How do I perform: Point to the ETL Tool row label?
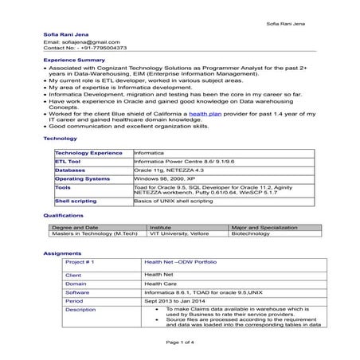coord(68,161)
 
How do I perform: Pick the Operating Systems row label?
coord(82,179)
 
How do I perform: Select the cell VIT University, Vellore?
coord(177,234)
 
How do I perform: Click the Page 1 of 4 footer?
coord(180,342)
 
